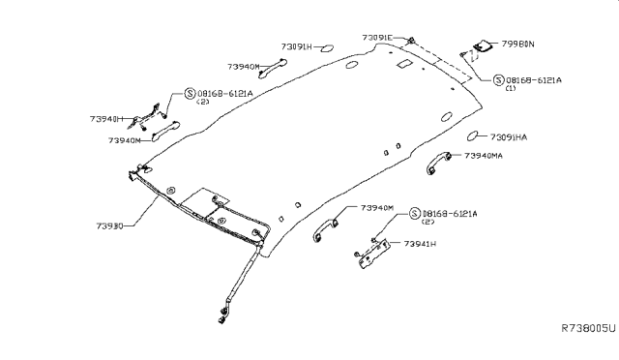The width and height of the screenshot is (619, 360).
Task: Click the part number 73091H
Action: (x=298, y=45)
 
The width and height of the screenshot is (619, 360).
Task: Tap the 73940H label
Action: (x=108, y=119)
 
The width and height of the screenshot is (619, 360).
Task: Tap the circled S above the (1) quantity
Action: (x=497, y=78)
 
